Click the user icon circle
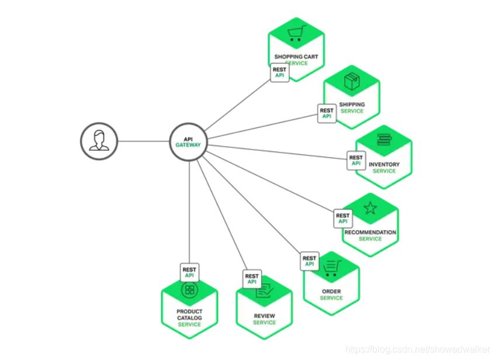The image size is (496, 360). [99, 141]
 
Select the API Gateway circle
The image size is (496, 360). [188, 141]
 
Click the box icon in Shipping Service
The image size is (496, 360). [352, 82]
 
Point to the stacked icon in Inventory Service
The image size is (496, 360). [384, 140]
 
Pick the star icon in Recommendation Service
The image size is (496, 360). [370, 207]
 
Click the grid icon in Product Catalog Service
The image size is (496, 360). [189, 289]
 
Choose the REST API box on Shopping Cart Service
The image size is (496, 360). [280, 72]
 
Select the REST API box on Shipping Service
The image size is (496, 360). [327, 113]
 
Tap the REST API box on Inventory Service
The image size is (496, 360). [356, 161]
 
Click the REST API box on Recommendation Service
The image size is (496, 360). [343, 219]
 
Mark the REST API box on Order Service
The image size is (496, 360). [310, 261]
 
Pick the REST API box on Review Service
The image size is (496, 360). [252, 279]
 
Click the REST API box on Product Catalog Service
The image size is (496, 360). [189, 272]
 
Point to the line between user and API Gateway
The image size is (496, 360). [143, 141]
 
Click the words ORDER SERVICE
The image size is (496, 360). [331, 295]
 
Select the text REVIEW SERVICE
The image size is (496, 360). [264, 319]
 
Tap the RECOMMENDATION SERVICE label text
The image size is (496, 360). [370, 236]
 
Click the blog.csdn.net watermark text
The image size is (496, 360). [417, 349]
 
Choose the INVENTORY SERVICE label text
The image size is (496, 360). [384, 168]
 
